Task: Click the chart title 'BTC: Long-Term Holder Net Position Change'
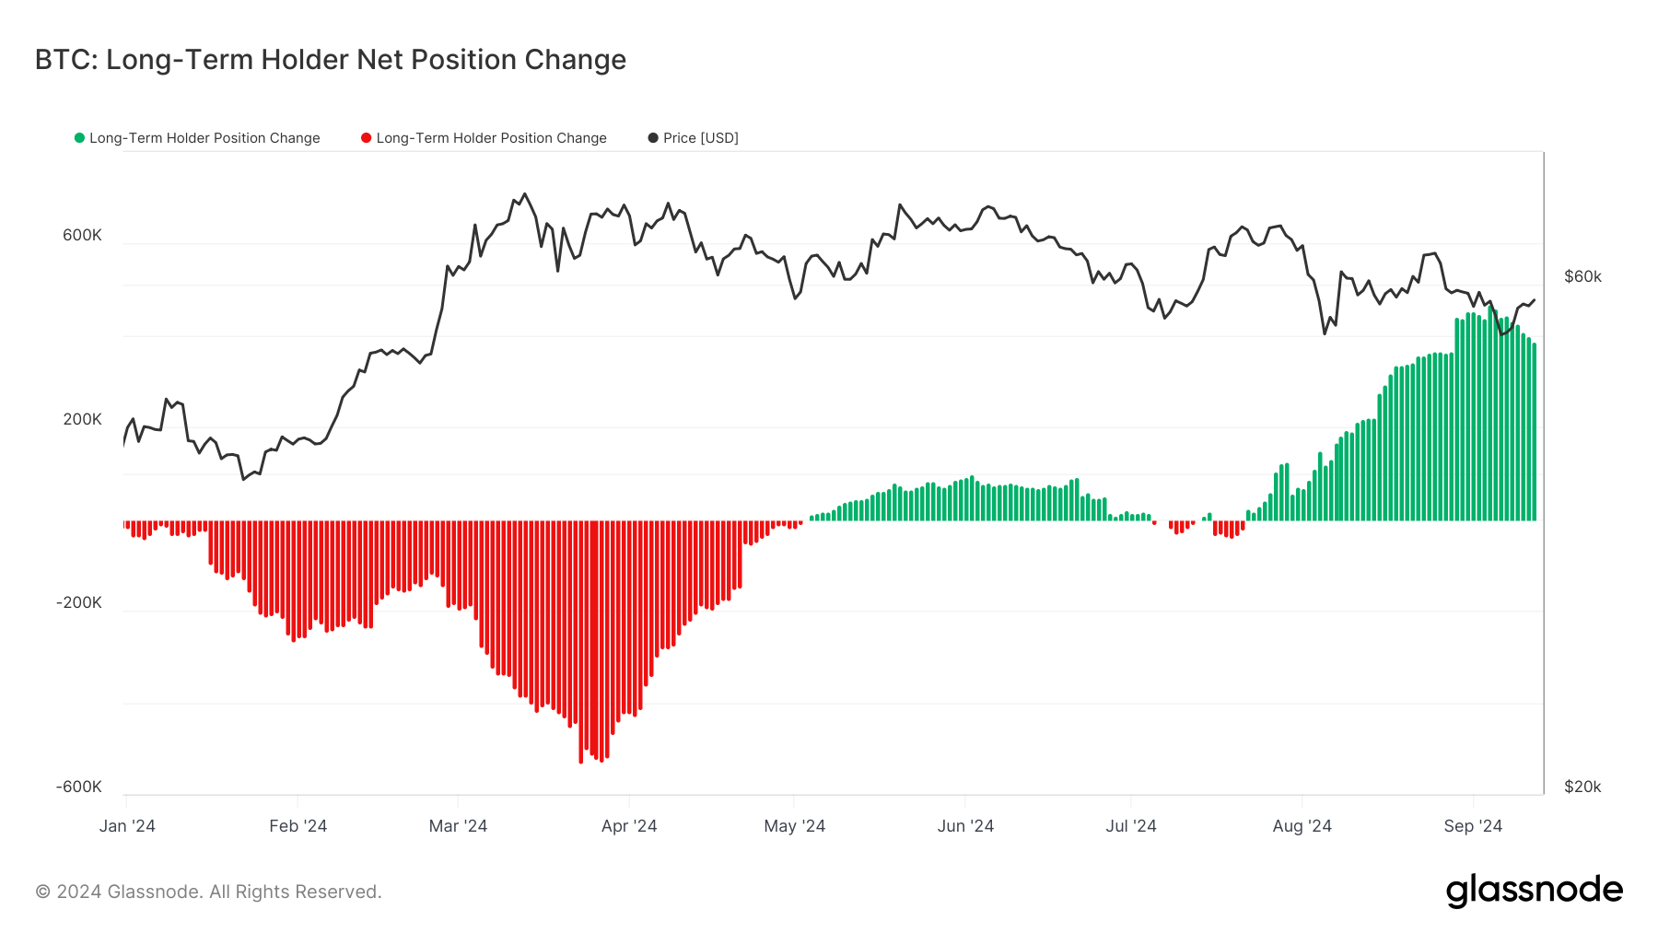pos(330,60)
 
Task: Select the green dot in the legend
pos(79,138)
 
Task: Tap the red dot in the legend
pos(366,138)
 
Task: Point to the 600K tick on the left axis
pos(82,235)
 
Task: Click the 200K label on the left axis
pos(82,419)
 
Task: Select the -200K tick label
pos(79,602)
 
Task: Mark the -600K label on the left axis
pos(79,787)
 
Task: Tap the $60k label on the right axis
pos(1582,276)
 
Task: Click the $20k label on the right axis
pos(1582,787)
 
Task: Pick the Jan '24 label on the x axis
pos(127,826)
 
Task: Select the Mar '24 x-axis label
pos(458,826)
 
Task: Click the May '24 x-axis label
pos(794,826)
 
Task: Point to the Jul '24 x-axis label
pos(1131,826)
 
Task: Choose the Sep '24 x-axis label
pos(1473,826)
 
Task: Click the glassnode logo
pos(1534,891)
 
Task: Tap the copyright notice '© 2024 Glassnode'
pos(208,892)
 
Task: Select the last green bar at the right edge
pos(1534,433)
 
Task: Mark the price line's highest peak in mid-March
pos(525,194)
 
